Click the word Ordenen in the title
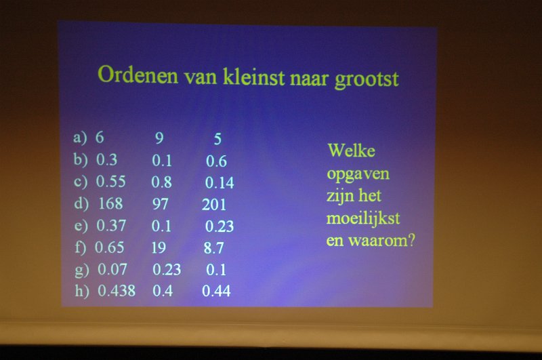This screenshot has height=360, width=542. click(x=138, y=75)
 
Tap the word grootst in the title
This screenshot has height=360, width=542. click(x=367, y=79)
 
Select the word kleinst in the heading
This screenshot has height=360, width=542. click(x=253, y=76)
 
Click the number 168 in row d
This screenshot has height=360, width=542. click(x=110, y=203)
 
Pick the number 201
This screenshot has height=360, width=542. click(x=214, y=204)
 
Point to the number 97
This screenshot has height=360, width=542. click(x=161, y=204)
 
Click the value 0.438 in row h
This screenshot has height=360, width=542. click(x=117, y=291)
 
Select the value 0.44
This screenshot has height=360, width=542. click(x=216, y=291)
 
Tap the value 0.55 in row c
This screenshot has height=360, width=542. click(x=110, y=182)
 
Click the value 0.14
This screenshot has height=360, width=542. click(x=220, y=182)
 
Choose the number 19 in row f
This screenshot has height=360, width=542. click(x=159, y=247)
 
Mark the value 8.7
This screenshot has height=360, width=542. click(x=213, y=248)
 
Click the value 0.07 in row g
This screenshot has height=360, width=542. click(x=112, y=269)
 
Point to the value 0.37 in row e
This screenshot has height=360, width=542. click(x=111, y=226)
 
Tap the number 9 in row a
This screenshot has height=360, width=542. click(x=159, y=138)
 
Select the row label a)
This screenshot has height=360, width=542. click(x=80, y=138)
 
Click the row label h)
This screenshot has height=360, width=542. click(x=82, y=291)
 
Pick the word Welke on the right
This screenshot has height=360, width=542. click(x=352, y=151)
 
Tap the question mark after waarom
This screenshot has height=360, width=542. click(x=411, y=240)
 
